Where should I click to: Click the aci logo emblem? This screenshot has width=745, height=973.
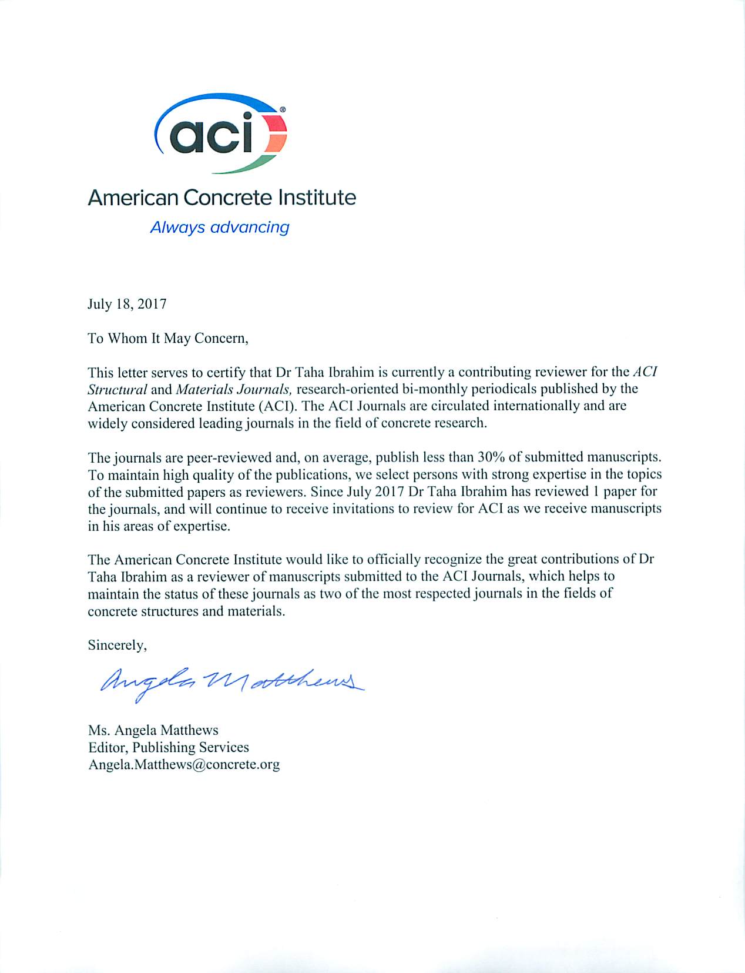pyautogui.click(x=220, y=133)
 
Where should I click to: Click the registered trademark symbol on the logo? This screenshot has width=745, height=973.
pyautogui.click(x=283, y=109)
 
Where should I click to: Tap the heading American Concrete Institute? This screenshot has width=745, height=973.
pyautogui.click(x=222, y=198)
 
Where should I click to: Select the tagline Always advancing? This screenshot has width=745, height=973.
pyautogui.click(x=219, y=227)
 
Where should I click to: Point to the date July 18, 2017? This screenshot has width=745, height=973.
pyautogui.click(x=127, y=304)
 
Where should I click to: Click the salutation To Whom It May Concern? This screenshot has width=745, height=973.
pyautogui.click(x=168, y=338)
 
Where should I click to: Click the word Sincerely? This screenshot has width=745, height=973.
pyautogui.click(x=117, y=645)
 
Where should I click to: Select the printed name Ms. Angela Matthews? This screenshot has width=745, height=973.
pyautogui.click(x=153, y=730)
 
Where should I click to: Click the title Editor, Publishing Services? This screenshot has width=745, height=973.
pyautogui.click(x=168, y=747)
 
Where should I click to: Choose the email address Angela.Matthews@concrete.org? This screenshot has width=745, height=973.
pyautogui.click(x=183, y=764)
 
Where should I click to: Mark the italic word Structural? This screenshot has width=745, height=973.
pyautogui.click(x=117, y=389)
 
